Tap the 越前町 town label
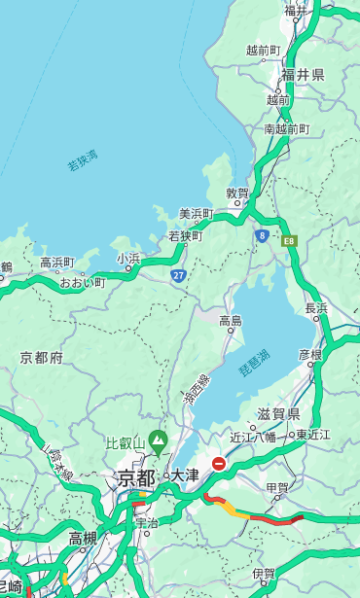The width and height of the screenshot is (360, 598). point(263,51)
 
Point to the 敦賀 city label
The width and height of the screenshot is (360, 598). point(237,193)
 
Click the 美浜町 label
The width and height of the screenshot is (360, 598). point(197,214)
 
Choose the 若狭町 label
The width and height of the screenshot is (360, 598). point(185,236)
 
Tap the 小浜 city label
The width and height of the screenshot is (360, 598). point(128,258)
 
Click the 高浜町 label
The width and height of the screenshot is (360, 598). point(56,263)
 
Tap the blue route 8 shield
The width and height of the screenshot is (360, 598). point(262,235)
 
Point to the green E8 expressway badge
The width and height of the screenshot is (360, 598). point(289,239)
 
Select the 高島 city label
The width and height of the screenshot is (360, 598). point(231,321)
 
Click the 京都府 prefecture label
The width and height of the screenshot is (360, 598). point(41,358)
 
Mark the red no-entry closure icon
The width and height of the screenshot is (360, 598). point(219,464)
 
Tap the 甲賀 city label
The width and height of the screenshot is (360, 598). point(277,487)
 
